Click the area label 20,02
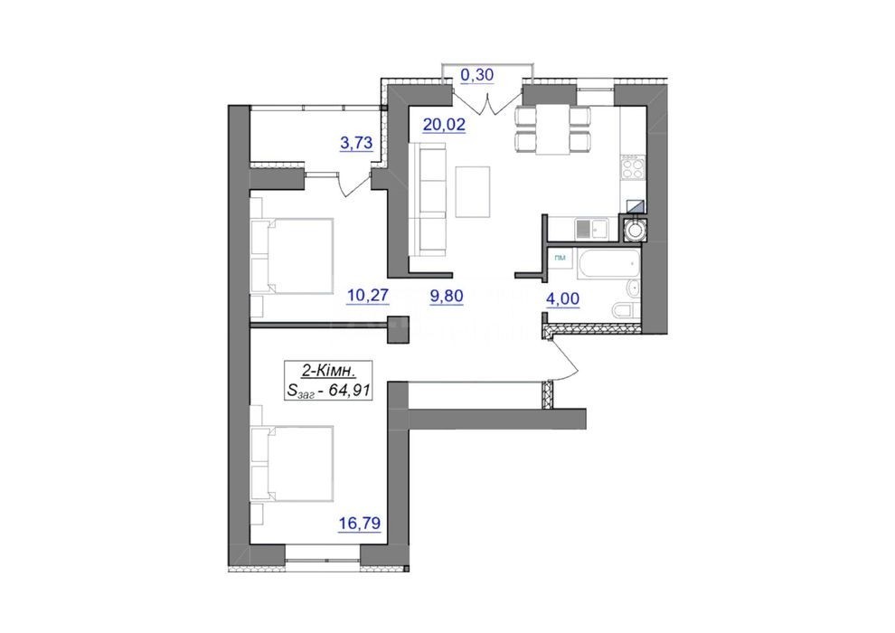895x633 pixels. pyautogui.click(x=444, y=124)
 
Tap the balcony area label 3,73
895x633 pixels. pyautogui.click(x=356, y=143)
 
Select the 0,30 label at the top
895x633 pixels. pyautogui.click(x=476, y=75)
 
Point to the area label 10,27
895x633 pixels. pyautogui.click(x=368, y=296)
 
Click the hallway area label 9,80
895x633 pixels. pyautogui.click(x=447, y=296)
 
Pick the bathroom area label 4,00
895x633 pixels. pyautogui.click(x=563, y=298)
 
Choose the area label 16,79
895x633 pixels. pyautogui.click(x=360, y=523)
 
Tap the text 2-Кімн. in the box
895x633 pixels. pyautogui.click(x=328, y=372)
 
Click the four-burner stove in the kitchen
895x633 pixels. pyautogui.click(x=633, y=168)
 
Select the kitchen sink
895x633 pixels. pyautogui.click(x=589, y=230)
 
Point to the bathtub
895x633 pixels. pyautogui.click(x=608, y=263)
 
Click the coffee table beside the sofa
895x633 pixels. pyautogui.click(x=473, y=192)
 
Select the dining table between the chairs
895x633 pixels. pyautogui.click(x=553, y=130)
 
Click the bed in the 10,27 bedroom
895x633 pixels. pyautogui.click(x=292, y=256)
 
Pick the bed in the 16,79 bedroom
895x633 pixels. pyautogui.click(x=292, y=464)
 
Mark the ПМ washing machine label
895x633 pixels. pyautogui.click(x=561, y=259)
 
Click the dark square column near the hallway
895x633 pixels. pyautogui.click(x=399, y=329)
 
